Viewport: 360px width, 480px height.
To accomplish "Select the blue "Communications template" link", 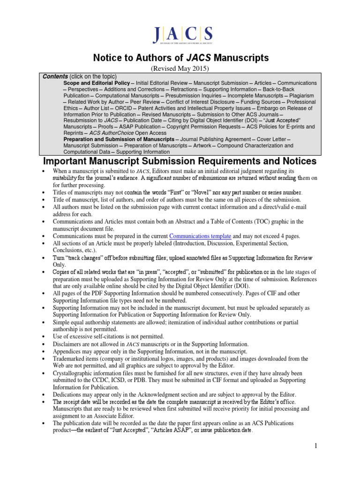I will pyautogui.click(x=200, y=236).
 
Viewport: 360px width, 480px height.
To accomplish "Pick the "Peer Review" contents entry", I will pyautogui.click(x=148, y=102).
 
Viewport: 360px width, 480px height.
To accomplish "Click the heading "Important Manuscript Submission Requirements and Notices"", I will pyautogui.click(x=180, y=162).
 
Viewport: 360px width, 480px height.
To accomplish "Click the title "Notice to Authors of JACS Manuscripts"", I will pyautogui.click(x=180, y=58).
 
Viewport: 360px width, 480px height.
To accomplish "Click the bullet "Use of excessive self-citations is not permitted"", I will pyautogui.click(x=109, y=336).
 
